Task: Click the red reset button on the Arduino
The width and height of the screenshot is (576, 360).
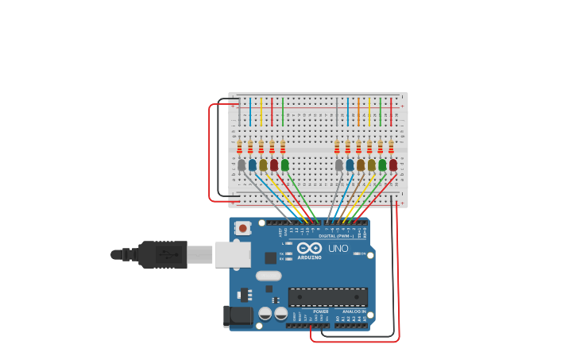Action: point(242,228)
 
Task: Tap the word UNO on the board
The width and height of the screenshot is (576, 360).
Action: point(338,249)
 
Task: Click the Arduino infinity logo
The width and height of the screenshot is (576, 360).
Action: point(309,249)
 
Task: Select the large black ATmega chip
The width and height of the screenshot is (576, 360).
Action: point(327,297)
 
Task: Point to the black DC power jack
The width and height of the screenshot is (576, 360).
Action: point(238,316)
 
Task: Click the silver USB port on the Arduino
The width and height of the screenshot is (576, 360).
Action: point(233,255)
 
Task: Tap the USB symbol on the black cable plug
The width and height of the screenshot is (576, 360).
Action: point(167,255)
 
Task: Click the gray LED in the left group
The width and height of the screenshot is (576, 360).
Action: point(242,165)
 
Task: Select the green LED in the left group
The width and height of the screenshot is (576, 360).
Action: point(284,165)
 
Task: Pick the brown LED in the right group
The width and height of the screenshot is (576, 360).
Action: point(361,165)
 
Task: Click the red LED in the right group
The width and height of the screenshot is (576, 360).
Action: point(392,165)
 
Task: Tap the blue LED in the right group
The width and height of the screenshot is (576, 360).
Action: point(350,165)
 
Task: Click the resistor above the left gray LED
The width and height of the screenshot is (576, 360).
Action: point(239,147)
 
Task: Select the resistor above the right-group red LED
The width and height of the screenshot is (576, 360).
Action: point(391,147)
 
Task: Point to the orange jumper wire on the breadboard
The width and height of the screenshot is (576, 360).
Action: point(358,112)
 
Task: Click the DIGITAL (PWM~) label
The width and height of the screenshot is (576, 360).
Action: point(337,235)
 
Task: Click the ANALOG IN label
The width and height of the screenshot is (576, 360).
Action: point(354,312)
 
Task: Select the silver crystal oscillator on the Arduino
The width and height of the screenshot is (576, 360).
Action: point(269,276)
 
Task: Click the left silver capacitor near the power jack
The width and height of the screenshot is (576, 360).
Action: point(265,314)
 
